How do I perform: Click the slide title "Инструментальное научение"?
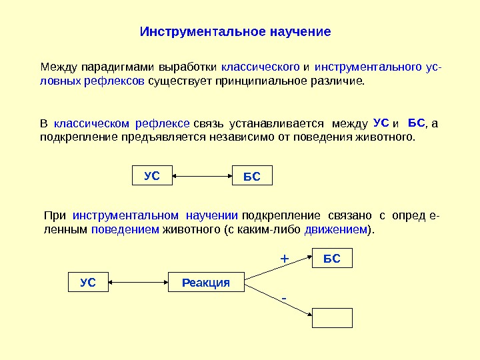point(235,32)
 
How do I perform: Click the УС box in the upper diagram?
point(153,176)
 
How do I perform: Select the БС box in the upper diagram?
point(251,177)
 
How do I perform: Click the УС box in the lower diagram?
point(88,283)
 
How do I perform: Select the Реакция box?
point(205,283)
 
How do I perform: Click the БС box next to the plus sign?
point(332,259)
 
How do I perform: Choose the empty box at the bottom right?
point(332,318)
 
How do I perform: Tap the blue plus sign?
point(283,257)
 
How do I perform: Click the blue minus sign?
point(283,295)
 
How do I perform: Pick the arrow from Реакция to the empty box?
point(279,297)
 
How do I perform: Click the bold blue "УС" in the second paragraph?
point(381,123)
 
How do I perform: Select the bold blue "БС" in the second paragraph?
point(416,123)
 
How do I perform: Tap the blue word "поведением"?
point(125,229)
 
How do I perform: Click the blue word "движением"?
point(336,229)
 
